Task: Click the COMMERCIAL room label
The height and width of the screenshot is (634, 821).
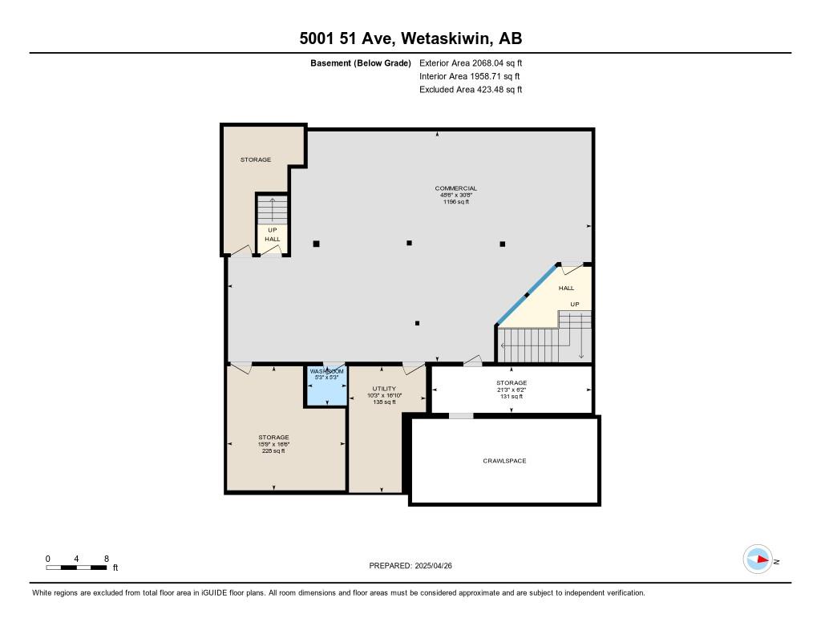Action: pos(455,188)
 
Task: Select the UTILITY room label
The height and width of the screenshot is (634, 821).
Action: pos(384,389)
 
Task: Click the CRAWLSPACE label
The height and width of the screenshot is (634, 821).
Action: pos(504,461)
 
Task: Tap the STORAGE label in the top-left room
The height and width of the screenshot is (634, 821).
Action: pos(256,160)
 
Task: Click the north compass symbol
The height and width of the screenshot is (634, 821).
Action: pos(758,559)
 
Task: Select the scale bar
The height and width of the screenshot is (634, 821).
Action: pos(77,567)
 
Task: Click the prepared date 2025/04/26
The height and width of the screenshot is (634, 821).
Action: pos(439,566)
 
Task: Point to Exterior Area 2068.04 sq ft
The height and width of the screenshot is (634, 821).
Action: pos(471,63)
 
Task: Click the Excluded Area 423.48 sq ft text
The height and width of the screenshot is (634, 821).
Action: pos(471,90)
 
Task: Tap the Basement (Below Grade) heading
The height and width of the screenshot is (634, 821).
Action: pos(360,63)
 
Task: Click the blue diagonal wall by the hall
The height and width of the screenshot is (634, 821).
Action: pos(527,294)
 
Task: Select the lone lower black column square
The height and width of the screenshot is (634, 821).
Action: pos(417,323)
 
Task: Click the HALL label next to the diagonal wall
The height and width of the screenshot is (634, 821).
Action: pos(566,288)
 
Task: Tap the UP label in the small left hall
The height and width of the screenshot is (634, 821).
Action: pos(272,230)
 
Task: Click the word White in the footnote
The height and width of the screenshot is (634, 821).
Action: pos(43,593)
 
